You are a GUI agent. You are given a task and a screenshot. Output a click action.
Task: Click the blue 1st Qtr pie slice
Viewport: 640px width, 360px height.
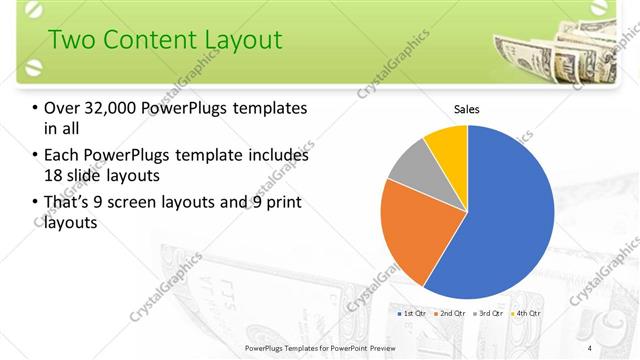[500, 220]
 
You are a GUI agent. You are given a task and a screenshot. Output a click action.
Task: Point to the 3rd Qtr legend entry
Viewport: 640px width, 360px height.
[488, 314]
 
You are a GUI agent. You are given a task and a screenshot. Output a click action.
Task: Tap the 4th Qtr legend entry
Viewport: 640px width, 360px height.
[525, 314]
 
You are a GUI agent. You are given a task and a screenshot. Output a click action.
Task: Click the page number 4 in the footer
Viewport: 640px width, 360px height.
[591, 347]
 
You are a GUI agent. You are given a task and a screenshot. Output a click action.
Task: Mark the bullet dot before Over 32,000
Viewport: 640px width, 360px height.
[36, 108]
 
